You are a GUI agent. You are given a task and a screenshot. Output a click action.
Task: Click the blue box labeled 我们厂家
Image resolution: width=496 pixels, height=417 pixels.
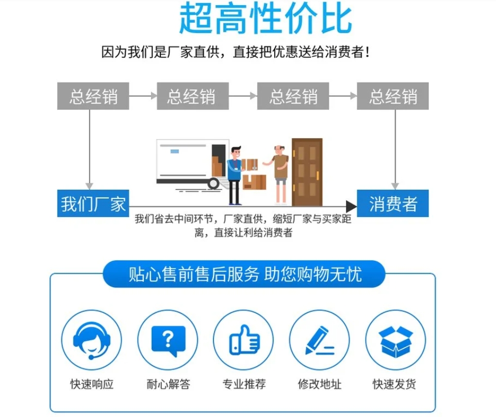93,203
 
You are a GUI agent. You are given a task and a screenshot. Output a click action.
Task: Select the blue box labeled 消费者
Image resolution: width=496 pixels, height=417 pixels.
392,203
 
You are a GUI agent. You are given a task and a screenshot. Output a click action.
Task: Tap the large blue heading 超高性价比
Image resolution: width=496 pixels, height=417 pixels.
265,18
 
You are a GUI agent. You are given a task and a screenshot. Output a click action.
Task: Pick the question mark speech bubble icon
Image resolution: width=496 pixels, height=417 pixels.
168,340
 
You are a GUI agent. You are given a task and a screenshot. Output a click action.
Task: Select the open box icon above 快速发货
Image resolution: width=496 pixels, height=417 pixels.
395,340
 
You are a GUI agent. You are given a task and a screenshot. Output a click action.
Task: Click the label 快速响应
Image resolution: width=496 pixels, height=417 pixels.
92,384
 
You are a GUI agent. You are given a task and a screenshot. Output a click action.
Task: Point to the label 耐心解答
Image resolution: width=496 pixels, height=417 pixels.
168,384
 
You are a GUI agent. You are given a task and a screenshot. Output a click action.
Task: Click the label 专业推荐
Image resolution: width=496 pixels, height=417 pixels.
244,384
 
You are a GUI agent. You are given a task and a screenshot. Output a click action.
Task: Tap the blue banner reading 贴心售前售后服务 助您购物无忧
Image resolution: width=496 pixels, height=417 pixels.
244,274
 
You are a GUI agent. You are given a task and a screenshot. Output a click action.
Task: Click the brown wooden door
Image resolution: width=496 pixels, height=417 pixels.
307,172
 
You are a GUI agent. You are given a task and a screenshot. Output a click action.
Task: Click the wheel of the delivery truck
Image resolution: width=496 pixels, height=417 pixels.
213,184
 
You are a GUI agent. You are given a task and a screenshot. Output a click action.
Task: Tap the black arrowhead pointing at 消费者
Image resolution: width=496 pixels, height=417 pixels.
351,207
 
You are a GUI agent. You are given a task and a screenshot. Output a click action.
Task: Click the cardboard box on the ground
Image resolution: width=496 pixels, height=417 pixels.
254,182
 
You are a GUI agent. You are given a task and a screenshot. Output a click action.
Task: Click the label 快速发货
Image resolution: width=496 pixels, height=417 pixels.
394,384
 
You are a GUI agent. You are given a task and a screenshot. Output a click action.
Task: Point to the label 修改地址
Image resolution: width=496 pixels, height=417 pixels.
320,384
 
